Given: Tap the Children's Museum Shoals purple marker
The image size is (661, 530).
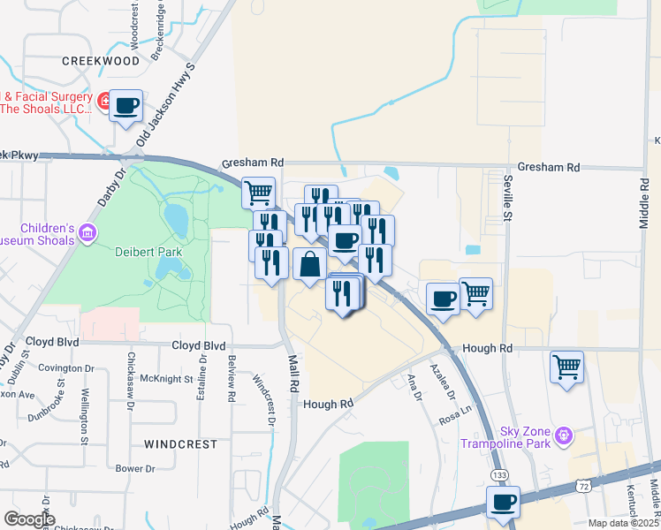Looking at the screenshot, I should point(87,233).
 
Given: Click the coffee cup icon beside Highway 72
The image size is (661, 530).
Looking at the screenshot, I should point(504,503).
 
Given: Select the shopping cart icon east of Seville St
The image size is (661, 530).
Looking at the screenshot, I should point(566,366).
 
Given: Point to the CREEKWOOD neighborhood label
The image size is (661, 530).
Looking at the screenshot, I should point(102,61).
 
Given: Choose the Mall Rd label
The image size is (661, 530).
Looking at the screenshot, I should point(293,375).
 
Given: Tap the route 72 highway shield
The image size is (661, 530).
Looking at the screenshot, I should point(581,485).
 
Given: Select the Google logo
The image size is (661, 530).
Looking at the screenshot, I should point(29,519).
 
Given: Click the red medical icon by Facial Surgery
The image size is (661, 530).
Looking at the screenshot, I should point(104,102).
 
